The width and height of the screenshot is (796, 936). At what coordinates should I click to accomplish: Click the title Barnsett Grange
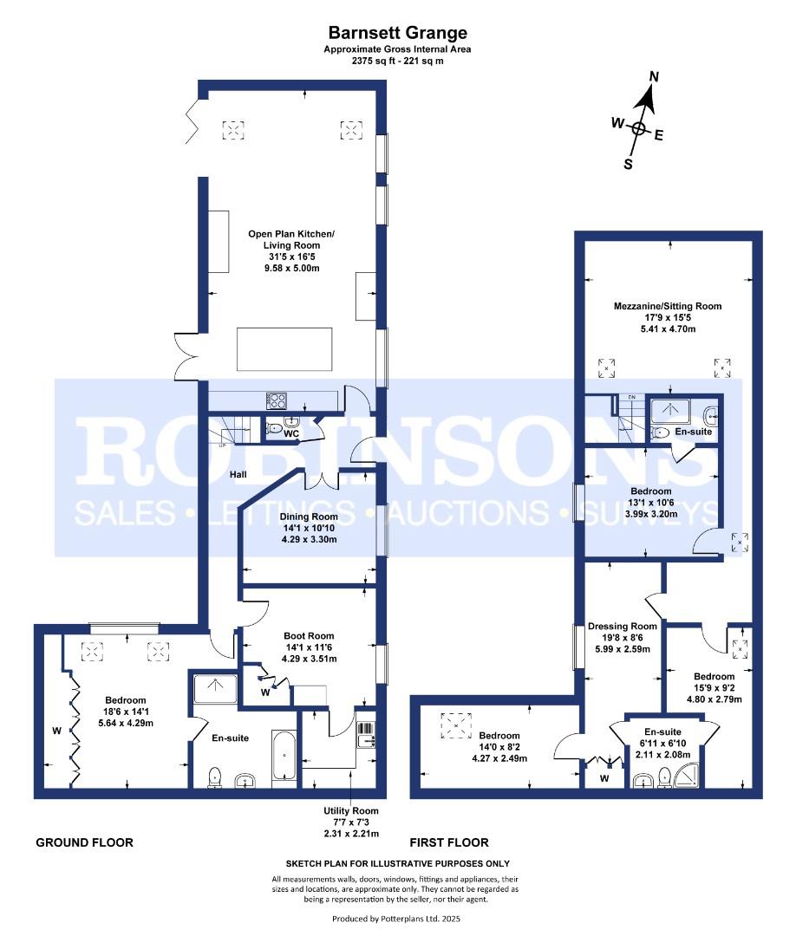click(x=398, y=32)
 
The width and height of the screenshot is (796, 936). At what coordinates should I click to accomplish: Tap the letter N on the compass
click(x=654, y=76)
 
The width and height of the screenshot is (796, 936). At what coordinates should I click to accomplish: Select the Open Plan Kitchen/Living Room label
click(x=291, y=239)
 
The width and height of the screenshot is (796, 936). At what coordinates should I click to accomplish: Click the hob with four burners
click(x=277, y=400)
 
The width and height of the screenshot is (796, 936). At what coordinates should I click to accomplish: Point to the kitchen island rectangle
click(x=284, y=349)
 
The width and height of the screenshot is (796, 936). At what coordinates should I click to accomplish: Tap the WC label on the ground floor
click(x=290, y=434)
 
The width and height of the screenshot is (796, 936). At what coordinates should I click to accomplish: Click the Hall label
click(x=238, y=475)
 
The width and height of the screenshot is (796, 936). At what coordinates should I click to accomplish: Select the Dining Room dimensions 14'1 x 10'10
click(x=309, y=528)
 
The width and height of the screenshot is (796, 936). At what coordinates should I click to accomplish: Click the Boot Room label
click(x=309, y=636)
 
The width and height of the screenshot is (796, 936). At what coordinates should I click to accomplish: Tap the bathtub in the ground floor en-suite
click(x=284, y=755)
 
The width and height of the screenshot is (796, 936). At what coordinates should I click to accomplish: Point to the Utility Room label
click(x=351, y=810)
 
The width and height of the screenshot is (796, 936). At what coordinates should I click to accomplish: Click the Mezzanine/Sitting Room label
click(x=668, y=306)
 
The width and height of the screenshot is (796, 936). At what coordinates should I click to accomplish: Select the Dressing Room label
click(x=623, y=627)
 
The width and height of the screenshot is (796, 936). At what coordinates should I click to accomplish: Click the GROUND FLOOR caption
click(x=85, y=842)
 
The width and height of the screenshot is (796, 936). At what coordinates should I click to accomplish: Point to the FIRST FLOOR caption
click(x=449, y=842)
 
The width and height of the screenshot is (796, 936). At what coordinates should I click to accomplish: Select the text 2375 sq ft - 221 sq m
click(x=398, y=61)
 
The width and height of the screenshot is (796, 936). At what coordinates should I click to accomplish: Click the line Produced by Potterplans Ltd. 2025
click(x=396, y=919)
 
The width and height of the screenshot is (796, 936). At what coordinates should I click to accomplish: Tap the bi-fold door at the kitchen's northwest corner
click(x=192, y=122)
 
